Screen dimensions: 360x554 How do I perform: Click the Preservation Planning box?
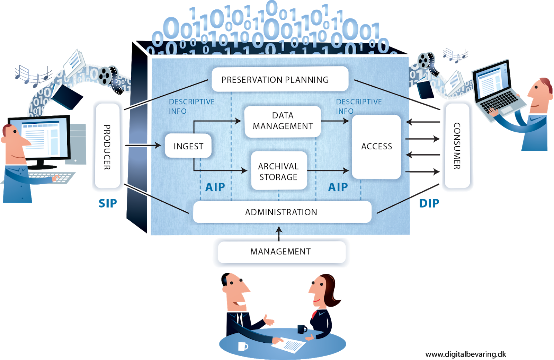click(x=280, y=79)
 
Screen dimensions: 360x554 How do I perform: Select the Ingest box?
click(x=188, y=146)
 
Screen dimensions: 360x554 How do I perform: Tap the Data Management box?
click(x=283, y=121)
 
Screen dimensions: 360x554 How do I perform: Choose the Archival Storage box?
click(x=279, y=171)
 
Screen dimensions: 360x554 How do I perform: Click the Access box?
click(x=376, y=147)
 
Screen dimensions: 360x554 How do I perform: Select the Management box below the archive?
click(x=281, y=252)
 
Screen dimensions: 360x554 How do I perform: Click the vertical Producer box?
click(x=107, y=147)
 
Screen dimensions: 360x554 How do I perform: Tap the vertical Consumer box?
click(x=457, y=146)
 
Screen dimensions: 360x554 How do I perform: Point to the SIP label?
click(x=108, y=203)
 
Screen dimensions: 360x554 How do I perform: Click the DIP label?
click(x=429, y=203)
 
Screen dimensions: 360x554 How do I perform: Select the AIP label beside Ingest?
click(x=215, y=187)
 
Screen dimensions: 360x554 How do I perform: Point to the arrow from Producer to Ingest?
click(x=143, y=145)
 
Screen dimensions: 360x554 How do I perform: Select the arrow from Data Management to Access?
click(x=334, y=121)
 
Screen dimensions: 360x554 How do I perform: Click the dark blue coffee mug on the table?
click(x=302, y=329)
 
